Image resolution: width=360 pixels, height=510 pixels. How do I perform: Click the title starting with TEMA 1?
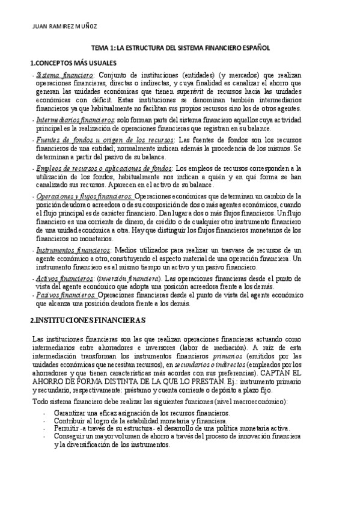180,49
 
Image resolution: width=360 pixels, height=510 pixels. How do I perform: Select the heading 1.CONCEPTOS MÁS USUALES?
73,63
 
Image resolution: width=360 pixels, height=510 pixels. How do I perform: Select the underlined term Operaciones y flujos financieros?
85,196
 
